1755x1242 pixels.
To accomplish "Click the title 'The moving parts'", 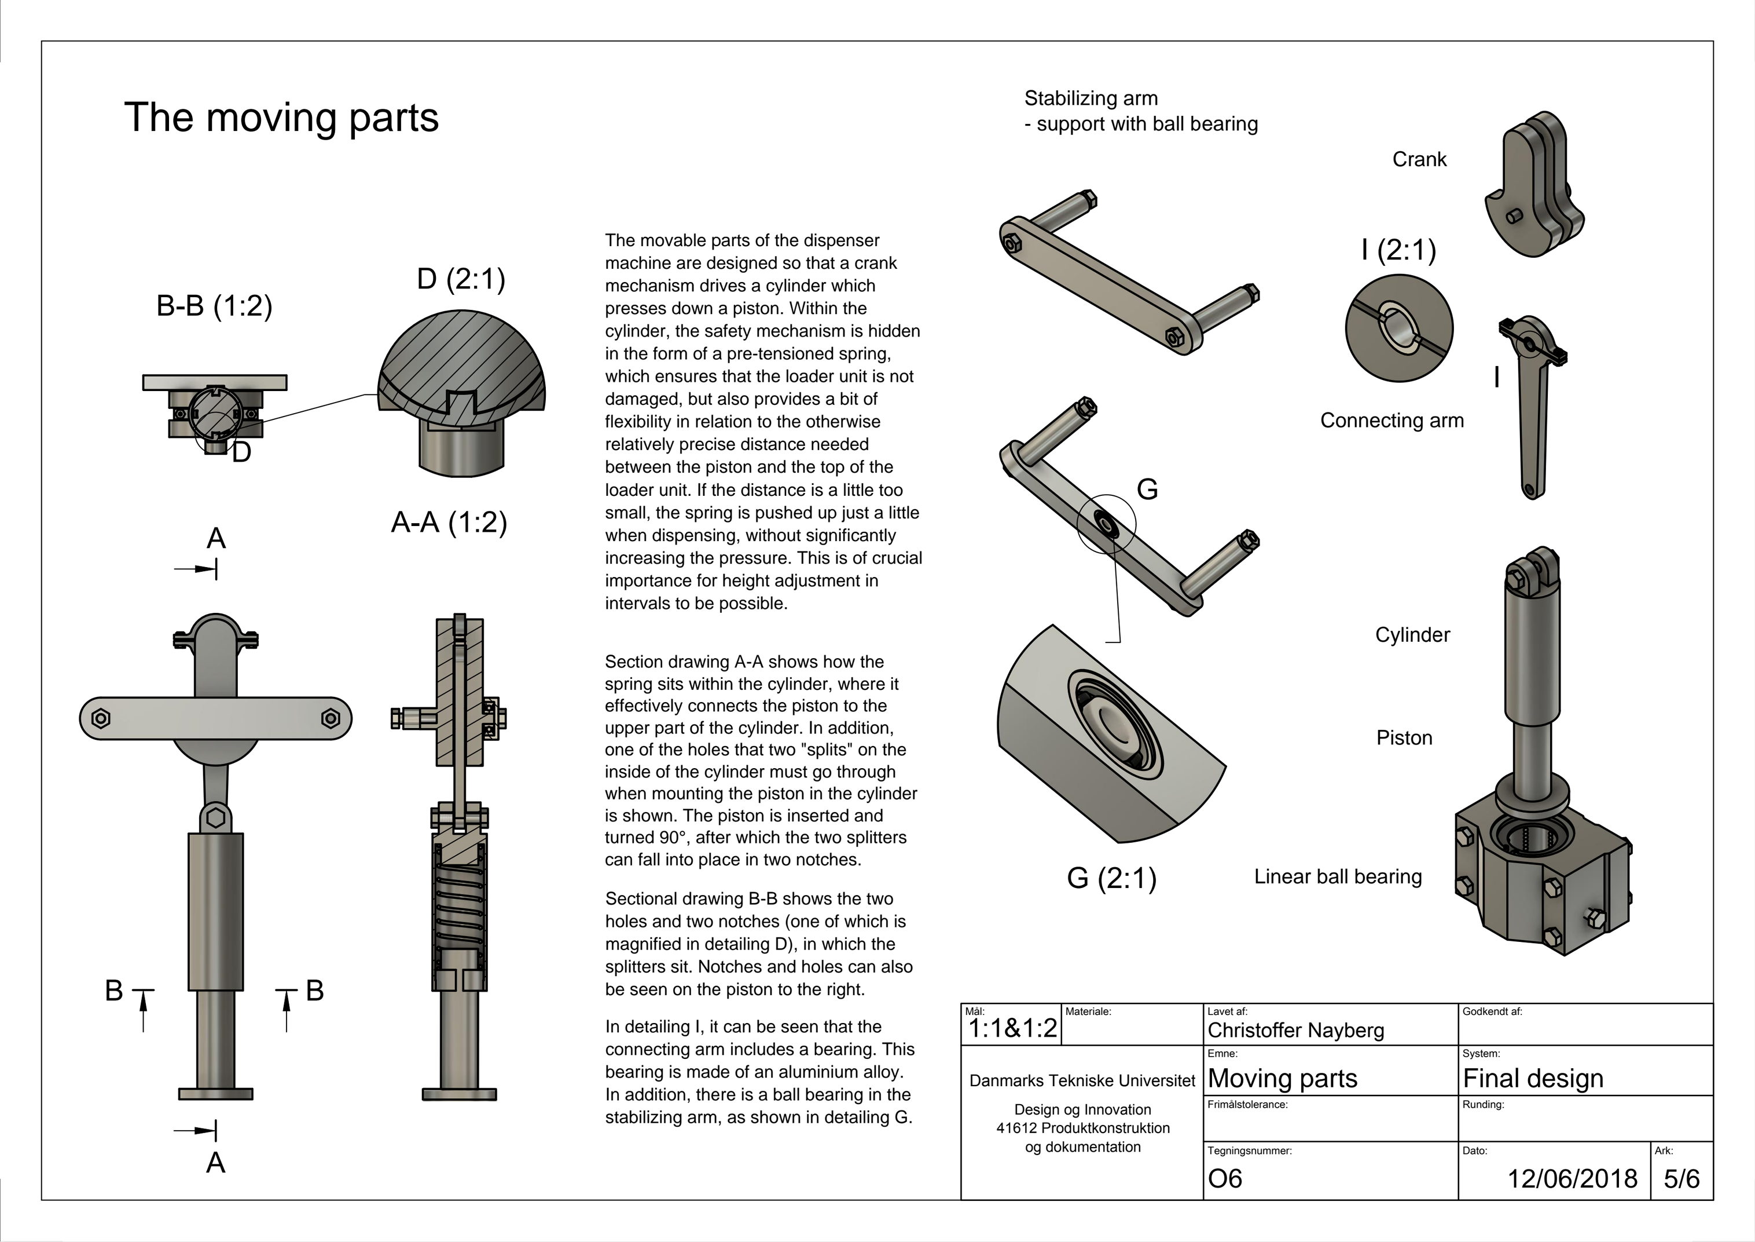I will click(281, 118).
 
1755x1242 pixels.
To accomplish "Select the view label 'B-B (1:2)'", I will click(214, 306).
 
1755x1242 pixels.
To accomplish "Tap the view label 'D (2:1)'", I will click(461, 279).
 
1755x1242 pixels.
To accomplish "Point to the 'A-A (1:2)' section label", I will click(449, 523).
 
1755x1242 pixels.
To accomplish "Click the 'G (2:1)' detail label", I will click(1111, 878).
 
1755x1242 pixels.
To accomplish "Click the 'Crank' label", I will click(1419, 160).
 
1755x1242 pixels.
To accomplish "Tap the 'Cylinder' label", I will click(1412, 635).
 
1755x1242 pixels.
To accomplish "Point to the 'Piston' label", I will click(1404, 738).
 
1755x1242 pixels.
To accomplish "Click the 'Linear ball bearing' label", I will click(1338, 876).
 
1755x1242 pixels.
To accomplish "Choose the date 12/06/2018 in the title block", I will click(1572, 1178).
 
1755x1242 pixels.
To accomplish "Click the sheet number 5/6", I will click(1681, 1178).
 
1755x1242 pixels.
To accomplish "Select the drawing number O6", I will click(1225, 1178).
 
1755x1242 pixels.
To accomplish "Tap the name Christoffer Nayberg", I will click(1295, 1030).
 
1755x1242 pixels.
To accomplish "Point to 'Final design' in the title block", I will click(1533, 1078).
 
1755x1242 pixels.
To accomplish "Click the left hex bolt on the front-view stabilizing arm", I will click(101, 718).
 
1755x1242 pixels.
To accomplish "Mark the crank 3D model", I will click(1533, 187).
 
